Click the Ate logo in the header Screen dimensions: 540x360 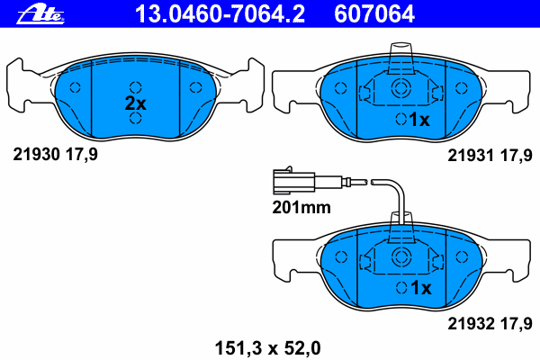[40, 14]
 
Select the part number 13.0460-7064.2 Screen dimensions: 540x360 [220, 13]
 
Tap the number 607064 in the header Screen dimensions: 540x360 [374, 13]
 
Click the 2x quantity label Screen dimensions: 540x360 [135, 103]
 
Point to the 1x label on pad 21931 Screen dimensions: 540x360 [419, 120]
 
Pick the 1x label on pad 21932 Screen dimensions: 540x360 [420, 287]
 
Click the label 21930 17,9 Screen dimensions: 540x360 [56, 154]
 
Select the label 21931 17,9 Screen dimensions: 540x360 [490, 156]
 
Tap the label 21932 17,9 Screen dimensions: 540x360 [490, 323]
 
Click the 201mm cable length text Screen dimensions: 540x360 [301, 207]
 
